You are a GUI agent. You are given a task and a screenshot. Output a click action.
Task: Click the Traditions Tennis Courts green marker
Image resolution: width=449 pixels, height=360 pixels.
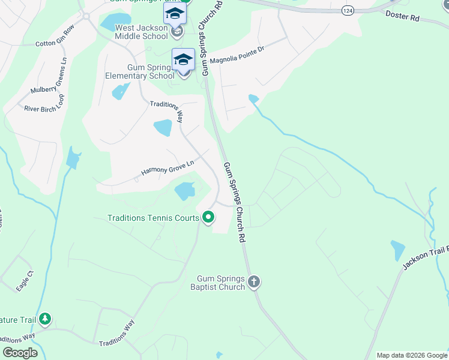click(208, 217)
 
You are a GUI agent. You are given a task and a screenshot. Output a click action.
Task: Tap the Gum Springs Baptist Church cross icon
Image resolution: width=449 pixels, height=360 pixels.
click(254, 281)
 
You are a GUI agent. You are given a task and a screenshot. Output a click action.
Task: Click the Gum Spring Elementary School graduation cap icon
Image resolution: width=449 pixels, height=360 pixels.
click(183, 59)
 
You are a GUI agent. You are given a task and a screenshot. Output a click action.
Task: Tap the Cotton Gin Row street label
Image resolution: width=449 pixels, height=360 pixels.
click(55, 35)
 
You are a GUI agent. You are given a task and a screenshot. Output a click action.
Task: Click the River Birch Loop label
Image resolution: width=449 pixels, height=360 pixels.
click(44, 105)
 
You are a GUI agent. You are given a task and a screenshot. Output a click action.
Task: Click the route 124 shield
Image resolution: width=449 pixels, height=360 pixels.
click(346, 11)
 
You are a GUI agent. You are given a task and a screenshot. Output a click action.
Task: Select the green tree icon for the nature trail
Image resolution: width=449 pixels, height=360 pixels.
click(44, 319)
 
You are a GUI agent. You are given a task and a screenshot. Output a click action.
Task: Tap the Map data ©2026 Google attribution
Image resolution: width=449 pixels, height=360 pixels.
click(411, 355)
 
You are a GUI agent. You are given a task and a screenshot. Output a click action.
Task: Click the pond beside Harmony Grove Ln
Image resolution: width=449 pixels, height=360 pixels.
click(184, 191)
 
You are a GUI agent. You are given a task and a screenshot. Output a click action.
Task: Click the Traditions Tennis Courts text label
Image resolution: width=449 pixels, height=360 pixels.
click(153, 218)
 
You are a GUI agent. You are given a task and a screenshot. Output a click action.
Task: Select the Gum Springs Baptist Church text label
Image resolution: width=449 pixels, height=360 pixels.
click(221, 283)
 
